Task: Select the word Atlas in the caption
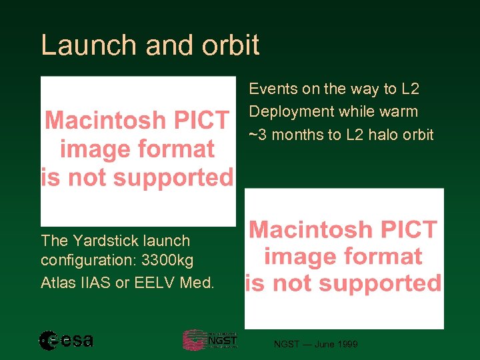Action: [x=58, y=283]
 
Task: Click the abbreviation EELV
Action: [x=155, y=283]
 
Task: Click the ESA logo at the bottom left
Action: [x=66, y=341]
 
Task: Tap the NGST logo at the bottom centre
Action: [x=210, y=340]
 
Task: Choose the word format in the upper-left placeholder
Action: [x=178, y=149]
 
